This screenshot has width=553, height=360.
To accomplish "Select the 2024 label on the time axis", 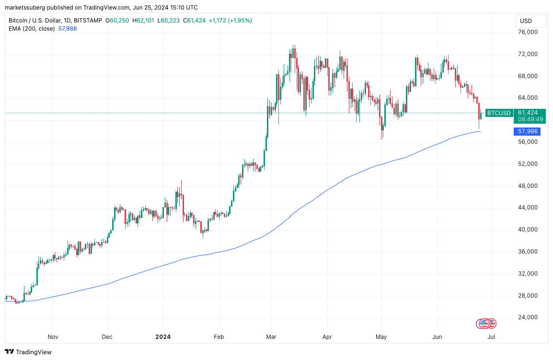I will (163, 337).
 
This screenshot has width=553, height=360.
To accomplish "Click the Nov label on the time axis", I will (53, 337).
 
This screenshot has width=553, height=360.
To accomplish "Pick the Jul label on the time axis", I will (491, 337).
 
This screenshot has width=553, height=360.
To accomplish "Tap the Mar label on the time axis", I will (272, 337).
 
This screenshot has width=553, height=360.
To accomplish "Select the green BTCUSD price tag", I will (498, 113).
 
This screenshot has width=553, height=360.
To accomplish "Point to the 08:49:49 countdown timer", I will (530, 119).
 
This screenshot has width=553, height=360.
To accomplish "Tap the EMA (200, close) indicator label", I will (32, 29).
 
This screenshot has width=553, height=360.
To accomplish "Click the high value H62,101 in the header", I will (144, 21).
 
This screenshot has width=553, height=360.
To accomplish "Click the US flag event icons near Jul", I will (486, 324).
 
